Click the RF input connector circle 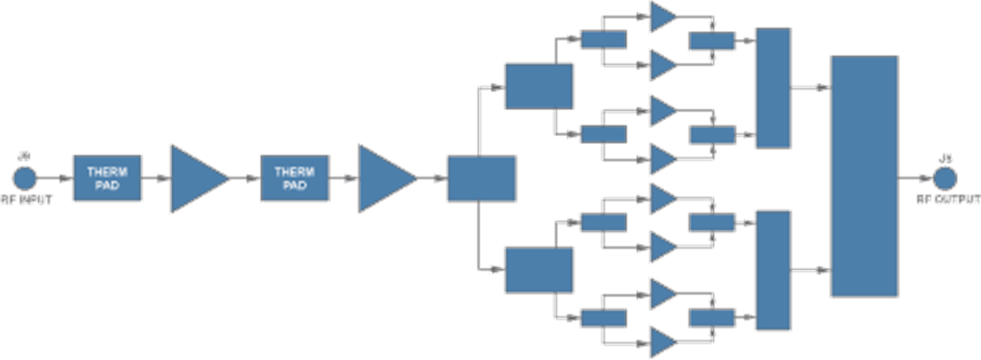tap(24, 177)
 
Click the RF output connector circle tap(944, 177)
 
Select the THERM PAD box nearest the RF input tap(107, 178)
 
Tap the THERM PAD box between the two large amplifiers tap(295, 178)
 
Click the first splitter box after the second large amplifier tap(481, 178)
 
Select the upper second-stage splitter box tap(539, 86)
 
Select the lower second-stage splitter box tap(539, 270)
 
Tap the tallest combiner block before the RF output tap(864, 176)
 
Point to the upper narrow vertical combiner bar tap(773, 88)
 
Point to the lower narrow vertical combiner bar tap(773, 270)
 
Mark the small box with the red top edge tap(712, 40)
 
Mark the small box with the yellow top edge tap(712, 317)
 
